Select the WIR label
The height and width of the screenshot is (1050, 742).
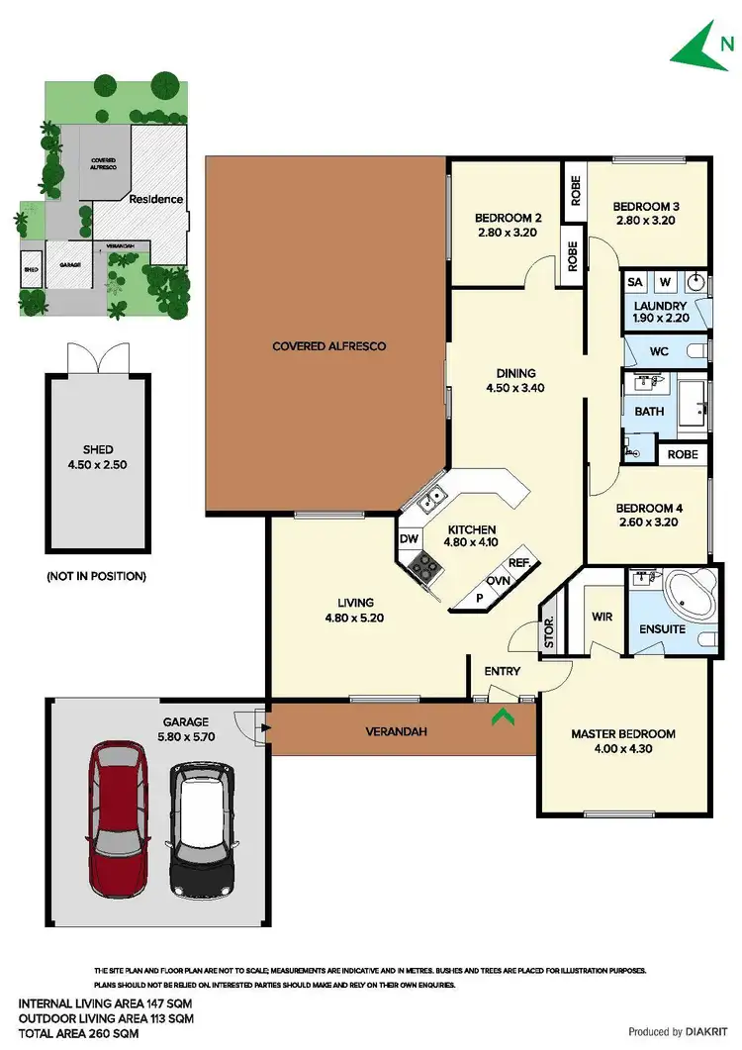(x=602, y=617)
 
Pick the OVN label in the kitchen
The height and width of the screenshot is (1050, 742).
(x=498, y=581)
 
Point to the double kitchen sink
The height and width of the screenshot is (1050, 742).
(x=429, y=501)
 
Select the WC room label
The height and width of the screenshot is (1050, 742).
(x=660, y=351)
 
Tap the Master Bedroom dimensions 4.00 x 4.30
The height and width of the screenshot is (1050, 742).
(x=623, y=749)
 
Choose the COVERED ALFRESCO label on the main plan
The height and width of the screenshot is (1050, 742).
(x=328, y=346)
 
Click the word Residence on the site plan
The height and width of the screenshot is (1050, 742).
(x=156, y=199)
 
